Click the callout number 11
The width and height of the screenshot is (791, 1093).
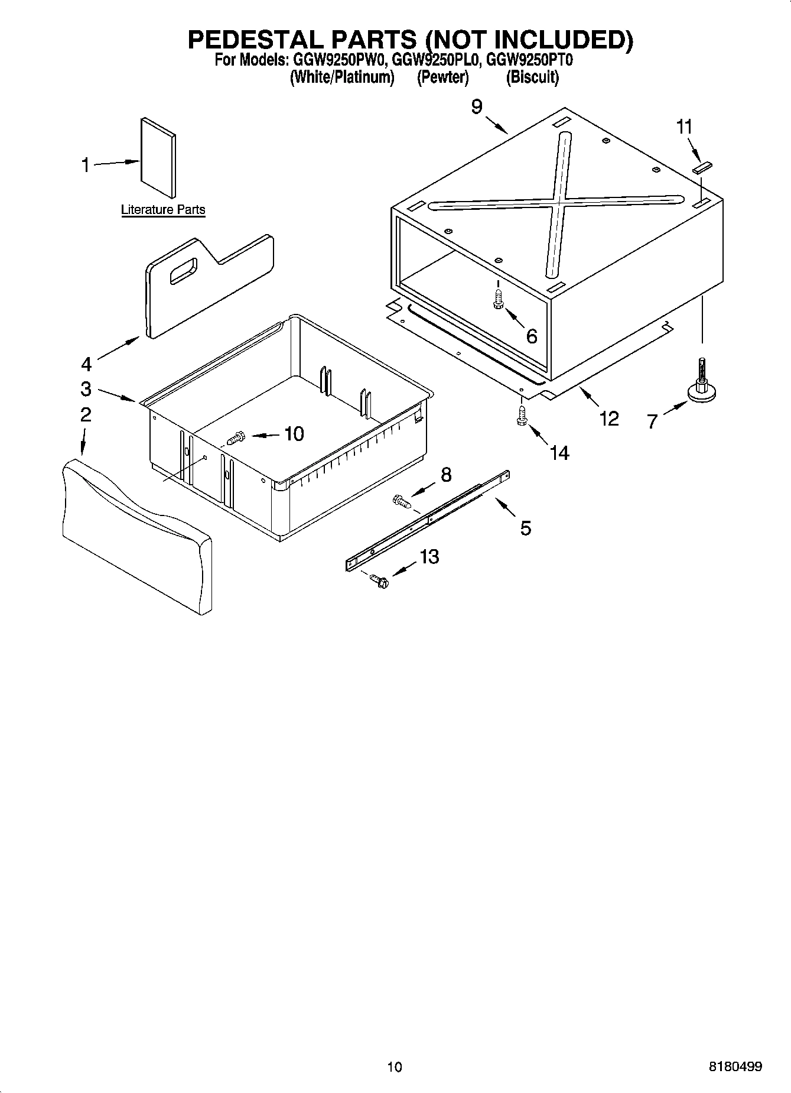[x=684, y=127]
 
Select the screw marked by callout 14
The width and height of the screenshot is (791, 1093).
[x=521, y=414]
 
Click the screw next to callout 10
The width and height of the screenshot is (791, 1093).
[x=235, y=439]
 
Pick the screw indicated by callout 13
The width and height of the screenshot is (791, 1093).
[x=379, y=582]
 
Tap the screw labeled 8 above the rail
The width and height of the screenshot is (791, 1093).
[x=401, y=502]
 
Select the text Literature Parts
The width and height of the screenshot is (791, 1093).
[x=163, y=209]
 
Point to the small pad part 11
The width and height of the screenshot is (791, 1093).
[x=703, y=168]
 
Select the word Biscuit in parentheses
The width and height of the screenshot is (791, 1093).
[x=532, y=77]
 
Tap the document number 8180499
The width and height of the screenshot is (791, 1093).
[x=735, y=1067]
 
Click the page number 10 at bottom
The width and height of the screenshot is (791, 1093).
[x=395, y=1067]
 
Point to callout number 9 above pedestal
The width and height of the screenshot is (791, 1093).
[x=476, y=106]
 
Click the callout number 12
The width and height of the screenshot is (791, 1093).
[x=608, y=419]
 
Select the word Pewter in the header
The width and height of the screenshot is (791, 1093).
[x=442, y=77]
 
